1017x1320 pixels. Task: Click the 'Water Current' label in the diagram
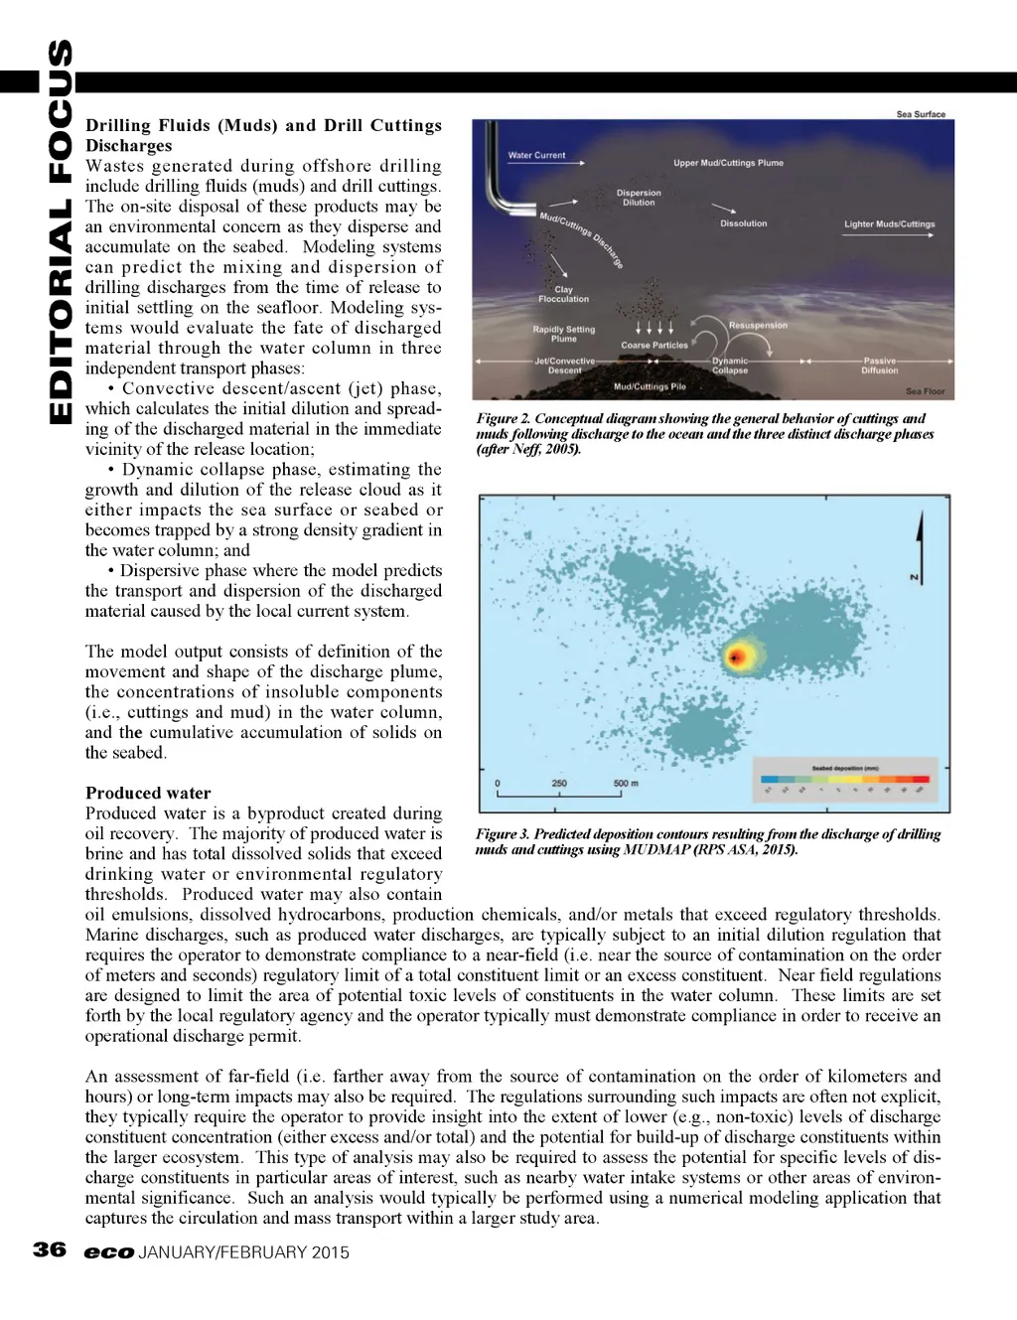(x=536, y=155)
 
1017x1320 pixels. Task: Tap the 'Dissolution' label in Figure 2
(x=743, y=223)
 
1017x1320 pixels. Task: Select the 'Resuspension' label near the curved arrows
(x=758, y=325)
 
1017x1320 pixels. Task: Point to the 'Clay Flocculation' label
(x=563, y=294)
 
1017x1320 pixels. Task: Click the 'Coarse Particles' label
(x=654, y=345)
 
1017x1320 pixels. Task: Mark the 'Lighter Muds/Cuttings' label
(x=889, y=224)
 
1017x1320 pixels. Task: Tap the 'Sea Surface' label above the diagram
(x=921, y=114)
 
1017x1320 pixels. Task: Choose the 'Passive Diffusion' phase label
(x=879, y=366)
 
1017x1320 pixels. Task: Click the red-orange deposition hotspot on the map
(x=737, y=657)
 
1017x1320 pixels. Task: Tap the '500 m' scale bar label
(x=626, y=784)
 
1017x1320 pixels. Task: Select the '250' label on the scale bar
(x=558, y=784)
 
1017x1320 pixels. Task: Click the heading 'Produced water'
(x=148, y=793)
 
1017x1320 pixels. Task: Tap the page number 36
(x=50, y=1250)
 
